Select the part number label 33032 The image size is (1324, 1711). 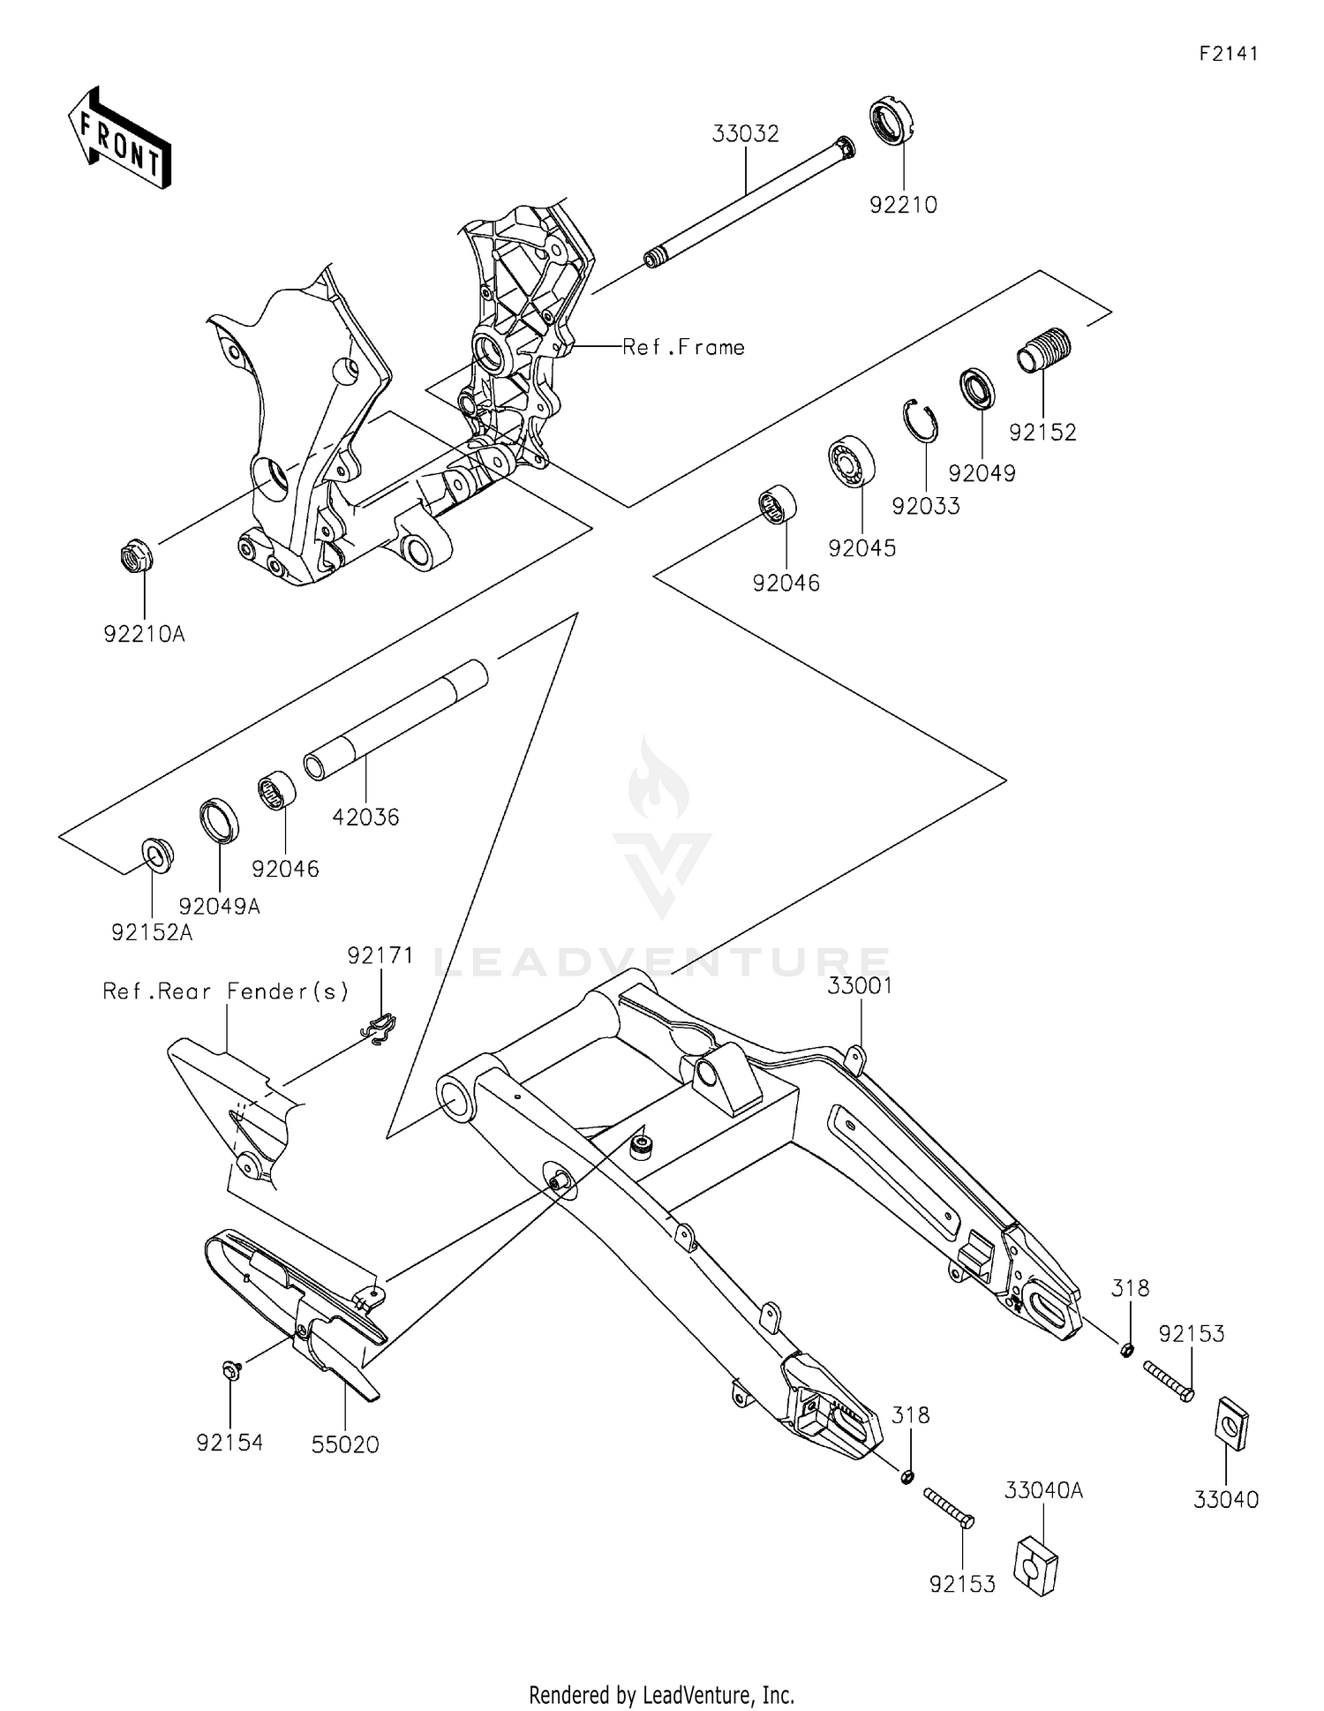[x=746, y=134]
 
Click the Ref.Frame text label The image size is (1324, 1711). [x=683, y=348]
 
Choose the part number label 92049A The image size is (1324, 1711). [x=219, y=906]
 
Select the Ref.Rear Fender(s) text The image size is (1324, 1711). [x=226, y=991]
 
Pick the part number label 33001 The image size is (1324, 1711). [x=860, y=986]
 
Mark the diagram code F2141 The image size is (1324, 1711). [x=1228, y=53]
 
